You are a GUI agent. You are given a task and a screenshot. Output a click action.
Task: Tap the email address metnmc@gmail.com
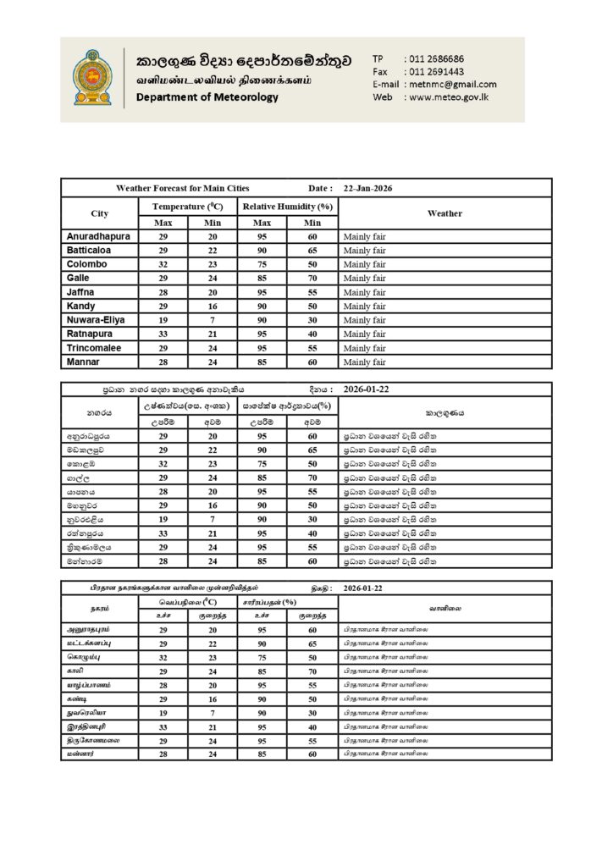click(x=452, y=84)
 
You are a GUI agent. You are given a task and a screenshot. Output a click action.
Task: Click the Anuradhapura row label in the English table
click(x=98, y=237)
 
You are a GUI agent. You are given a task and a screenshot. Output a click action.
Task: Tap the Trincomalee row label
click(x=94, y=348)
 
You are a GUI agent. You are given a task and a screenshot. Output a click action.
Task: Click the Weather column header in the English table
click(x=445, y=213)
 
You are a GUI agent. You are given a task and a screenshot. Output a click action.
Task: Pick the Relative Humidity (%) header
click(x=287, y=207)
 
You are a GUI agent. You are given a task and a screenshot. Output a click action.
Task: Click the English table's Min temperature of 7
click(x=213, y=320)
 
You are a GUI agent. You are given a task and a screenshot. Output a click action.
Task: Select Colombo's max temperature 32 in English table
click(x=163, y=264)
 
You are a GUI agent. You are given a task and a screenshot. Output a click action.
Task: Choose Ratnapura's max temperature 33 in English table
click(x=163, y=334)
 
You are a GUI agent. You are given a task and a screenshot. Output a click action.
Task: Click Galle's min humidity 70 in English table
click(x=312, y=279)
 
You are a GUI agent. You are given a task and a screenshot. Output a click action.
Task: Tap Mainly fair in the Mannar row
click(x=364, y=362)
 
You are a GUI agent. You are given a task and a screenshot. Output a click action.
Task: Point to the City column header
click(x=99, y=213)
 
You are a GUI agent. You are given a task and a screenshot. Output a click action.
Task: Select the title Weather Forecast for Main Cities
click(x=182, y=188)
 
